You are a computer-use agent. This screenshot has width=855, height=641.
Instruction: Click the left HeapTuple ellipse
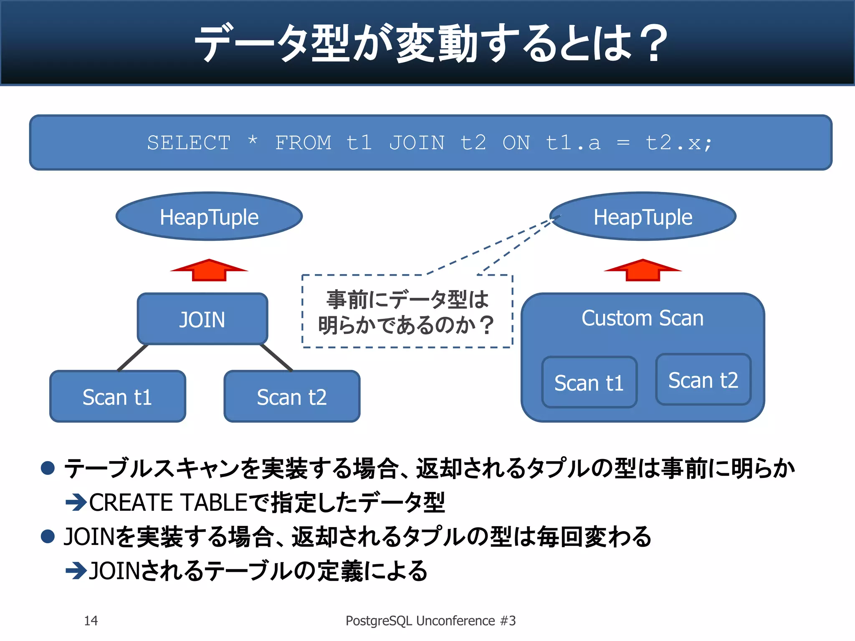tap(209, 217)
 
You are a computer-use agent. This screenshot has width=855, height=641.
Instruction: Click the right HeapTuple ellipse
tap(643, 217)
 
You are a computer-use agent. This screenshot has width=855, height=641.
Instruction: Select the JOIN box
tap(202, 319)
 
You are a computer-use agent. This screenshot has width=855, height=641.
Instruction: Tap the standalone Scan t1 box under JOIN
tap(117, 396)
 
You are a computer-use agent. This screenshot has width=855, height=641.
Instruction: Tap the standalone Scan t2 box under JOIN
tap(292, 396)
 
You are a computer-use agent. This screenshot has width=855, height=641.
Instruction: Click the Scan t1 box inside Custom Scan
tap(589, 382)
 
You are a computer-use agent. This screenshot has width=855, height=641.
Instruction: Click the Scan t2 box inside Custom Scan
tap(703, 380)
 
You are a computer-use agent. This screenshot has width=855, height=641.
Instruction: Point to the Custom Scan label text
tap(643, 318)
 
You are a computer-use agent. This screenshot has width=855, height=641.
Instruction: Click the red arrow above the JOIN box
tap(209, 270)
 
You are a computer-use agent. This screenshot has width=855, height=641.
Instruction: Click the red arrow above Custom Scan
tap(643, 270)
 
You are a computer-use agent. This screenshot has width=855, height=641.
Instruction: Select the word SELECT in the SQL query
tap(189, 143)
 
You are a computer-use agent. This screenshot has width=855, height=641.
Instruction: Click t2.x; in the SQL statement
tap(679, 143)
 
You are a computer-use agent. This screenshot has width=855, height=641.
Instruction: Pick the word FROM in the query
tap(303, 143)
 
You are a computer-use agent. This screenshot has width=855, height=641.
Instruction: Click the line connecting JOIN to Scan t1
tap(133, 358)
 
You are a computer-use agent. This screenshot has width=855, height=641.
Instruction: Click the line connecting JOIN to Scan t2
tap(276, 358)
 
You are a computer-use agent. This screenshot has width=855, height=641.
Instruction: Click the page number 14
tap(91, 621)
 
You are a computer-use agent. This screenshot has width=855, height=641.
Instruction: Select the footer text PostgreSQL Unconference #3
tap(430, 621)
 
